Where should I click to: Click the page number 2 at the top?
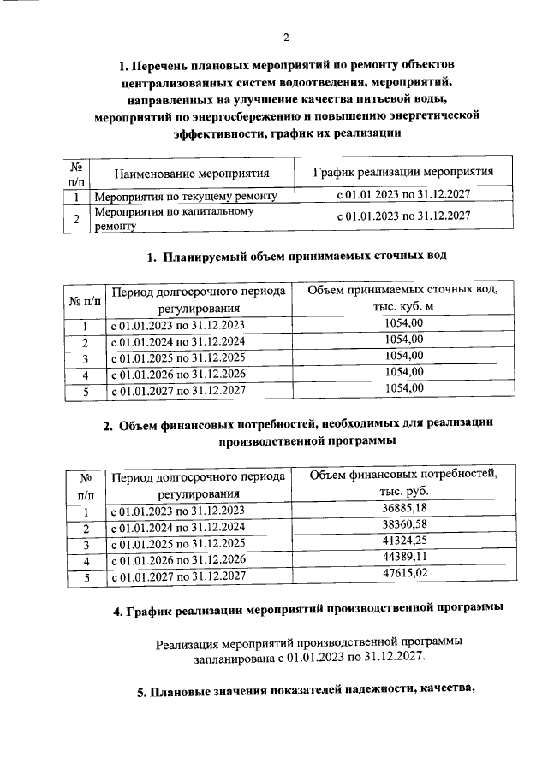coord(287,38)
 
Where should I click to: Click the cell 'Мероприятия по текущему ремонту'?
coord(185,197)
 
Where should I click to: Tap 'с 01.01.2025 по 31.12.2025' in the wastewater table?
coord(177,357)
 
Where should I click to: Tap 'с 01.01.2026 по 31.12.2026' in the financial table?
coord(177,560)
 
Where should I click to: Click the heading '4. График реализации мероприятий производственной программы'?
coord(307,609)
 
